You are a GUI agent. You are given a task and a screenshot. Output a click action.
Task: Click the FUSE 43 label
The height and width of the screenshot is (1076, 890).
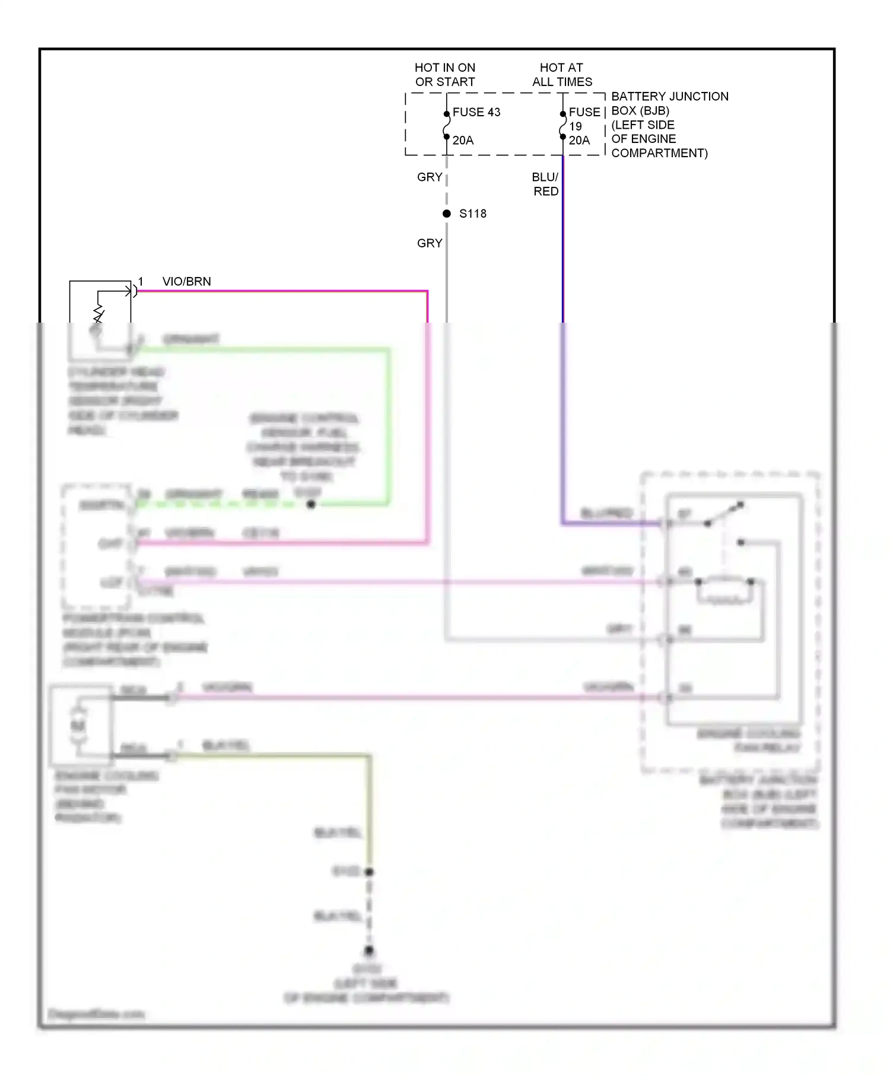[476, 112]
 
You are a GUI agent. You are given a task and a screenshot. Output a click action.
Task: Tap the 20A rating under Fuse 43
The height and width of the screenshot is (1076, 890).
[463, 141]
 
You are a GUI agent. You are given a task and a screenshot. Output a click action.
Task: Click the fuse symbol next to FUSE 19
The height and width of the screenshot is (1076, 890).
[562, 126]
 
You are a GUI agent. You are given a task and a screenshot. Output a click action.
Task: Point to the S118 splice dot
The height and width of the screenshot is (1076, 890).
[447, 214]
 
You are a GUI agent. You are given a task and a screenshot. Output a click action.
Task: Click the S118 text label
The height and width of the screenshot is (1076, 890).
[472, 214]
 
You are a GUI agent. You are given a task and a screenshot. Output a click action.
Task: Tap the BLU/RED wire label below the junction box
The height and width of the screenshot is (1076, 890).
[545, 184]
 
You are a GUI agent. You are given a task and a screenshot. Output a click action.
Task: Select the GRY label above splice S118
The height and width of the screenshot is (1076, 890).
[430, 177]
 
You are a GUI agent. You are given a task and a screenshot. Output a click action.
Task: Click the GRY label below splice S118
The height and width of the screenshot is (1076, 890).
[430, 243]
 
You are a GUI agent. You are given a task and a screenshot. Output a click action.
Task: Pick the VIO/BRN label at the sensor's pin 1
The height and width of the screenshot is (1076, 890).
[186, 282]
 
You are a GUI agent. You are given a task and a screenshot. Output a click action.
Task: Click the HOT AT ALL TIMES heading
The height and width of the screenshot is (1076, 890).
[562, 75]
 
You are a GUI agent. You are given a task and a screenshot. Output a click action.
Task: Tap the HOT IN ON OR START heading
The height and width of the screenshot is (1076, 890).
[445, 75]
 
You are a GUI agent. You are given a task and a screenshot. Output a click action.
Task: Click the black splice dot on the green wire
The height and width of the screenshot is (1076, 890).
[311, 504]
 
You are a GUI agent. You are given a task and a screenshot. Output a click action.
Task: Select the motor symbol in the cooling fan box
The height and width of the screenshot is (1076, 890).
[78, 725]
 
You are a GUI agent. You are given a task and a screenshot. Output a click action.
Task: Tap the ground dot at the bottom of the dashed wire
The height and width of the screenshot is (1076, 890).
[369, 951]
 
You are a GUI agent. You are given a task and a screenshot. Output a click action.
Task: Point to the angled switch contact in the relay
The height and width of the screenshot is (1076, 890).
[724, 514]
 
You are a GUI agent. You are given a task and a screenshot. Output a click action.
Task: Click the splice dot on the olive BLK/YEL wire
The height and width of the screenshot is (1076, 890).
[369, 872]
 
